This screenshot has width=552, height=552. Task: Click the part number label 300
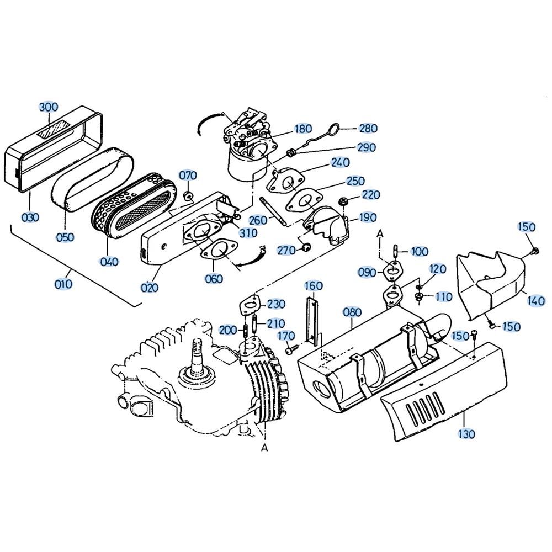[x=48, y=107]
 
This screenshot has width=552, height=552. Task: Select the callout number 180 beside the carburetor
[x=303, y=129]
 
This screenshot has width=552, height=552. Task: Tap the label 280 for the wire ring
[x=368, y=128]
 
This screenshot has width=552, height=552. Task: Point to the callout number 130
[x=466, y=434]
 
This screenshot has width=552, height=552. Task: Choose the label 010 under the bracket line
[x=63, y=284]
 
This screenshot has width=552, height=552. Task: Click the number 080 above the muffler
[x=352, y=312]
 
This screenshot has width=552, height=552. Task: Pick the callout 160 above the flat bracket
[x=314, y=285]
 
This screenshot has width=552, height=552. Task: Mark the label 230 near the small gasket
[x=275, y=304]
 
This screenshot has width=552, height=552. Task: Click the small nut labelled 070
[x=189, y=196]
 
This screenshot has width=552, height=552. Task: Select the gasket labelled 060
[x=219, y=250]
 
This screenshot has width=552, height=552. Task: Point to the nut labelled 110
[x=420, y=296]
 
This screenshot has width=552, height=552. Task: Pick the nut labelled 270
[x=306, y=247]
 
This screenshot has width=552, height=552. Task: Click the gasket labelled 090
[x=392, y=271]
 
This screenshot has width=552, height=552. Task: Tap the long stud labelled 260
[x=273, y=211]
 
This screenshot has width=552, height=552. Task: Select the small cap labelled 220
[x=342, y=202]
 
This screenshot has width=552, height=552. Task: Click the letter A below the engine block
[x=264, y=448]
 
